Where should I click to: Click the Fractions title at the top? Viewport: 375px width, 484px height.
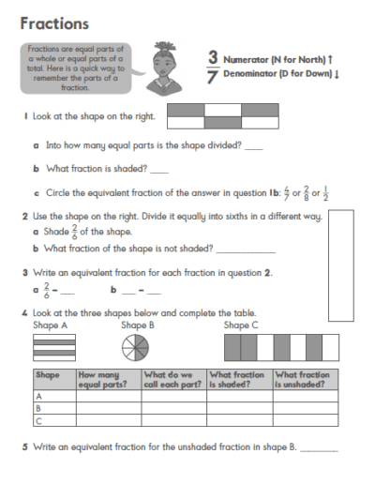coord(53,23)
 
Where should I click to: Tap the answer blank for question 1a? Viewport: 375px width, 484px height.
coord(253,148)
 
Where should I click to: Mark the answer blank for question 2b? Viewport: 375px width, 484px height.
coord(246,251)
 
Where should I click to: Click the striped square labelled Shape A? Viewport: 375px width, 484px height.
coord(53,349)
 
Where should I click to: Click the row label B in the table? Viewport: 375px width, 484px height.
coord(39,409)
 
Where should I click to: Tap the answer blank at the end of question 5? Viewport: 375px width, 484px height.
coord(319,450)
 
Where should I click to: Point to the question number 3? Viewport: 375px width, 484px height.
coord(24,272)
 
